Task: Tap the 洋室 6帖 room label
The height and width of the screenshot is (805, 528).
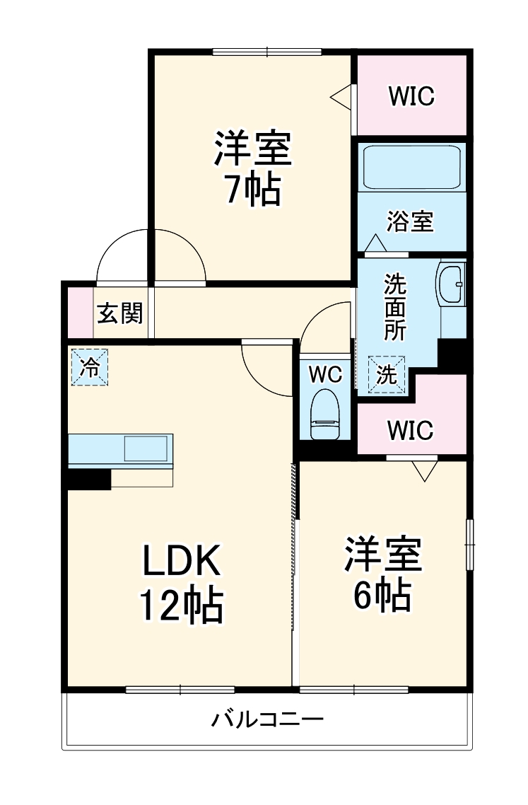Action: tap(382, 574)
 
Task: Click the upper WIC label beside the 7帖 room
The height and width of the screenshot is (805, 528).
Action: tap(410, 96)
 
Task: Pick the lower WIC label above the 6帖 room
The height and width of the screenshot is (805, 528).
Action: tap(410, 429)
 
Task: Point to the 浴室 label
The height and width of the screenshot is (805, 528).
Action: tap(410, 221)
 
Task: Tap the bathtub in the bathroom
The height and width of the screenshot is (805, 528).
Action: tap(411, 168)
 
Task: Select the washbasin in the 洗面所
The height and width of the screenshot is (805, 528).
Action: tap(450, 284)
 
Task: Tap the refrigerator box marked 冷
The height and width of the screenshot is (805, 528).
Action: tap(90, 367)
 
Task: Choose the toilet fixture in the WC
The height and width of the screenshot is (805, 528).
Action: tap(325, 415)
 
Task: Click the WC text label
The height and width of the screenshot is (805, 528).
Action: tap(325, 373)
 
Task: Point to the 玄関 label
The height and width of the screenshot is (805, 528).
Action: tap(119, 312)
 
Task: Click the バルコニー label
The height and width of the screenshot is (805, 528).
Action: tap(268, 721)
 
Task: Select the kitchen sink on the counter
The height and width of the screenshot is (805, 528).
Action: tap(146, 448)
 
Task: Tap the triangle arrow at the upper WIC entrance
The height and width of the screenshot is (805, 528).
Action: tap(342, 97)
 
